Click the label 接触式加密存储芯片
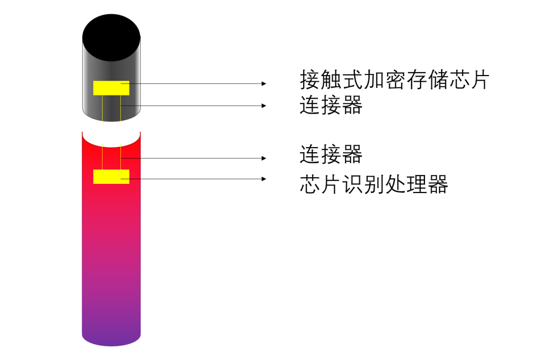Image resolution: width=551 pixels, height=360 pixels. tap(394, 80)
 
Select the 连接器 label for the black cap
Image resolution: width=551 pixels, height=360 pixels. tap(331, 105)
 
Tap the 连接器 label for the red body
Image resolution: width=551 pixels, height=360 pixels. tap(331, 154)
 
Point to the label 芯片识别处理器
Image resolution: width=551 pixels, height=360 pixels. tap(374, 184)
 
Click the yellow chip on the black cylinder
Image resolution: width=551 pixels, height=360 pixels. tap(111, 88)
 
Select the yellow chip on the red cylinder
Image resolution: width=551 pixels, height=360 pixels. tap(111, 177)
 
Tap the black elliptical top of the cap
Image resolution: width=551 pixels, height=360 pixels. tap(111, 38)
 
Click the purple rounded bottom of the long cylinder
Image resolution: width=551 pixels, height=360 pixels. tap(111, 339)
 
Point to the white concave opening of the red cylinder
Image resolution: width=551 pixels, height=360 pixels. tap(111, 139)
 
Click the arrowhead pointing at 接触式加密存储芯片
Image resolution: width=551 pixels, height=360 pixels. tap(264, 84)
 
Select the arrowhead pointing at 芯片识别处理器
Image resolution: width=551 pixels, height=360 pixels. tap(264, 179)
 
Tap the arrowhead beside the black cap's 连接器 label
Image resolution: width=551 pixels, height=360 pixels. tap(264, 106)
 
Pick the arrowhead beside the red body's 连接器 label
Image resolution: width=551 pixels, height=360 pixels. tap(264, 158)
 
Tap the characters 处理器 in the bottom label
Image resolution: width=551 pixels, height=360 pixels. tap(416, 184)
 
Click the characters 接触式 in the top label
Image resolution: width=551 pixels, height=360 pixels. tap(332, 80)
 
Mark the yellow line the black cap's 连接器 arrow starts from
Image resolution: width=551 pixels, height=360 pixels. tap(120, 108)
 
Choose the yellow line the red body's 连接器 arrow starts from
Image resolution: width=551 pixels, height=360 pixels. tap(120, 156)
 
